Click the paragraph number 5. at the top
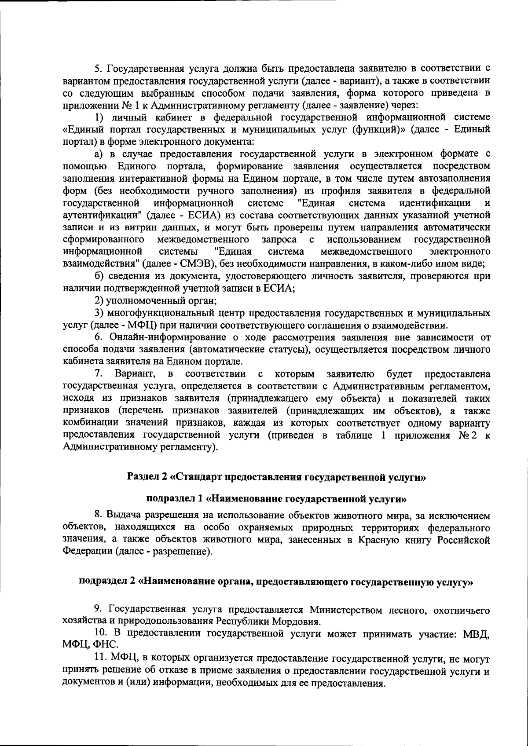(x=99, y=69)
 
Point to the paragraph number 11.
(x=101, y=658)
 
